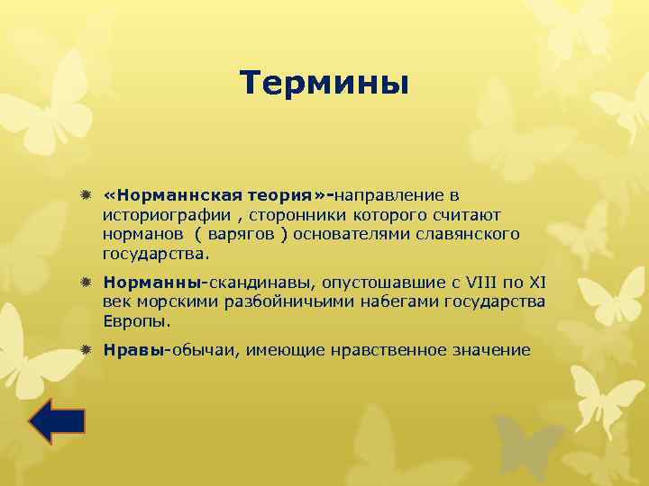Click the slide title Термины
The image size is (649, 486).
click(324, 84)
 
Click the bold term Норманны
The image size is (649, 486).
click(155, 282)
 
